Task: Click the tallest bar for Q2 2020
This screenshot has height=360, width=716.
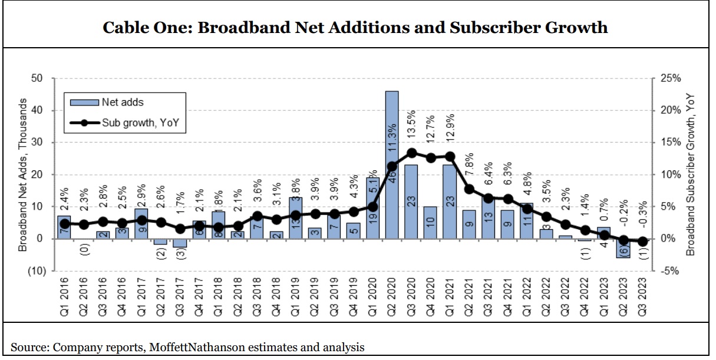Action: [392, 165]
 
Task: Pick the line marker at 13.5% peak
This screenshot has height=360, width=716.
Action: [412, 153]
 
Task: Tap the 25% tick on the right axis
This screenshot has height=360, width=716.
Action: [670, 78]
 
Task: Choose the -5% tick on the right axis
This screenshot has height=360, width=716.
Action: [669, 271]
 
